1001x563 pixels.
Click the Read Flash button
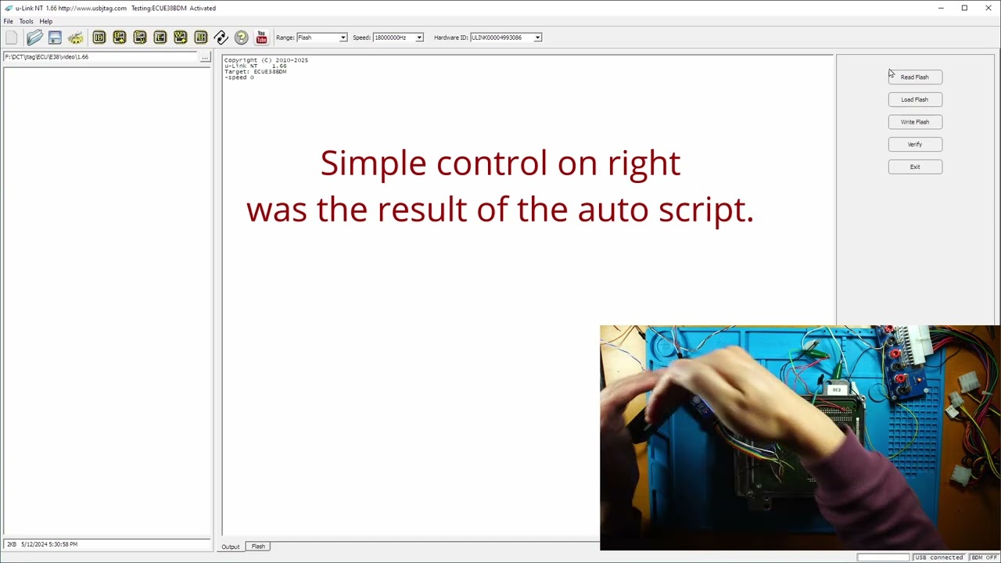(915, 77)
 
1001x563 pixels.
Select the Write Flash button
(915, 122)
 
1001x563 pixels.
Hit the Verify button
(915, 145)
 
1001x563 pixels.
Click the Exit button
(915, 167)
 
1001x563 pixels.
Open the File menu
(9, 21)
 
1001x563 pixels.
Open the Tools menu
(27, 21)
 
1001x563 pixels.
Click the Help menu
(46, 21)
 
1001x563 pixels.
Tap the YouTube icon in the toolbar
(261, 38)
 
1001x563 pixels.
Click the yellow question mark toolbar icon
(241, 38)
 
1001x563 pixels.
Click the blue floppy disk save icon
(55, 38)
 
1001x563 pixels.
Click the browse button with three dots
(205, 57)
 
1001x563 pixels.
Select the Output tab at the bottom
(230, 547)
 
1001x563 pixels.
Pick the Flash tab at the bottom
(258, 547)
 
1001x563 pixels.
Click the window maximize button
(964, 8)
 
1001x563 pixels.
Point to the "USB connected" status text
(939, 558)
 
